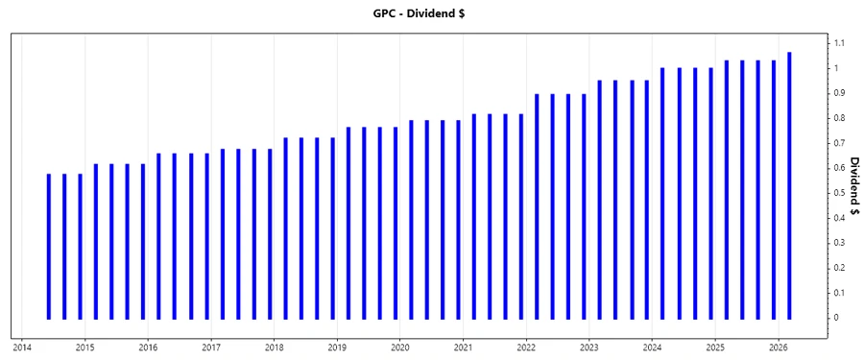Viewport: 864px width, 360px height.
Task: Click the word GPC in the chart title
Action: point(386,14)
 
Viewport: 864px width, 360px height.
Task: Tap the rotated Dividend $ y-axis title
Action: point(854,180)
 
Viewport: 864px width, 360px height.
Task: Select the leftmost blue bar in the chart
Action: point(49,247)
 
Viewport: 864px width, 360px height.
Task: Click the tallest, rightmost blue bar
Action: point(789,185)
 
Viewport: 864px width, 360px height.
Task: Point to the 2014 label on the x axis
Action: point(22,347)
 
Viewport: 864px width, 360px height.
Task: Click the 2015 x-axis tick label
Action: point(84,347)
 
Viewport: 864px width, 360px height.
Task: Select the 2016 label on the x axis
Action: point(148,347)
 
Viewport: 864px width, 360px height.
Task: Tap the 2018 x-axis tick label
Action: point(275,347)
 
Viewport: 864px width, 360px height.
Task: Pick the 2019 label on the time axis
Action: point(337,347)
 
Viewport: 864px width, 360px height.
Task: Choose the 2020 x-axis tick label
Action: point(400,347)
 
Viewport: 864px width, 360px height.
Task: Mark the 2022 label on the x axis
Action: point(526,347)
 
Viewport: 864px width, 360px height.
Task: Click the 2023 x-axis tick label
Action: point(589,347)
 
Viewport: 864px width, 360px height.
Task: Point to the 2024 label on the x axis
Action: point(653,347)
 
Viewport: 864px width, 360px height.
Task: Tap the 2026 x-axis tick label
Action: point(779,347)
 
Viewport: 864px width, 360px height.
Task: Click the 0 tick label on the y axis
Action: point(837,318)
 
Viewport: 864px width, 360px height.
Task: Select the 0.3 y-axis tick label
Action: point(840,243)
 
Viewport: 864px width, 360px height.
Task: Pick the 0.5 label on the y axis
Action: point(840,193)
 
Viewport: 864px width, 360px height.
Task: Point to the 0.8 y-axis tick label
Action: point(840,118)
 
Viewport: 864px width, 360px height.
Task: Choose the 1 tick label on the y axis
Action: point(837,68)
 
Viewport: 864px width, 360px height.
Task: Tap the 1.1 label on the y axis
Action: point(840,43)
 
